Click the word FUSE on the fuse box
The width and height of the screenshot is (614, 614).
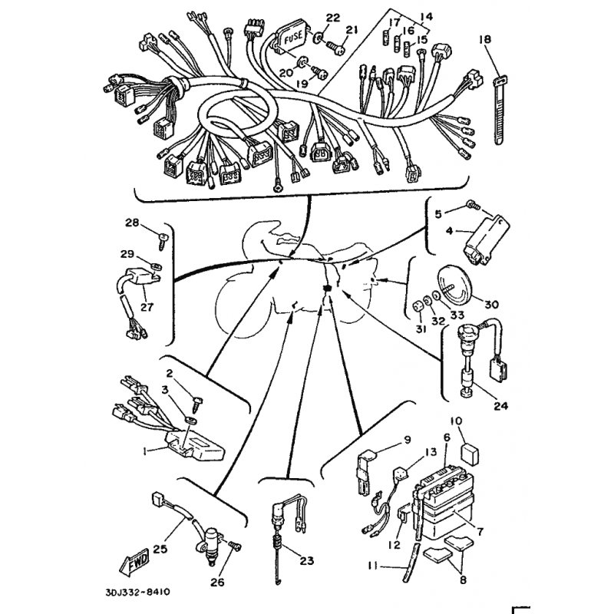coord(293,38)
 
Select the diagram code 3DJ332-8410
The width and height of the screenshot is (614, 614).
coord(137,592)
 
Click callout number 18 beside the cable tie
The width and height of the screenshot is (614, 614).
coord(484,39)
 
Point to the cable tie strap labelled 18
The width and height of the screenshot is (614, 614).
coord(498,111)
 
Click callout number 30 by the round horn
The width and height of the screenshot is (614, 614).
coord(491,304)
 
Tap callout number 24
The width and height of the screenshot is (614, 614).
coord(500,406)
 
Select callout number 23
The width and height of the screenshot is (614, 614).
coord(306,561)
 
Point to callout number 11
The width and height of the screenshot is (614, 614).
coord(373,566)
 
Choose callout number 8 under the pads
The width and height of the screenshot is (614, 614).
coord(463,579)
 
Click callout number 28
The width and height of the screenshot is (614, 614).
coord(132,223)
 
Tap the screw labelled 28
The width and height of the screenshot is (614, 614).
coord(163,239)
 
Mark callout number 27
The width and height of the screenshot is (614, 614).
coord(147,307)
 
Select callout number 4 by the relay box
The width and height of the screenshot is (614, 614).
coord(449,231)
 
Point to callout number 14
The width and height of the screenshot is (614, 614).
coord(427,16)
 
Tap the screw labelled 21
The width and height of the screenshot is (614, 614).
coord(335,48)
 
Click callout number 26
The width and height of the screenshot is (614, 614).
coord(218,583)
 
